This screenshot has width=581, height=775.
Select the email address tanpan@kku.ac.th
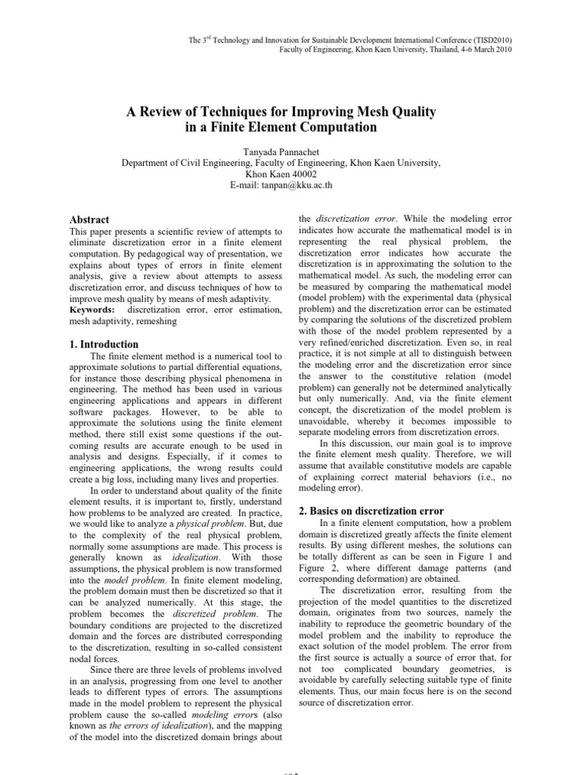[x=290, y=185]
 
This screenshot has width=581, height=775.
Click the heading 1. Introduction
[x=104, y=344]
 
